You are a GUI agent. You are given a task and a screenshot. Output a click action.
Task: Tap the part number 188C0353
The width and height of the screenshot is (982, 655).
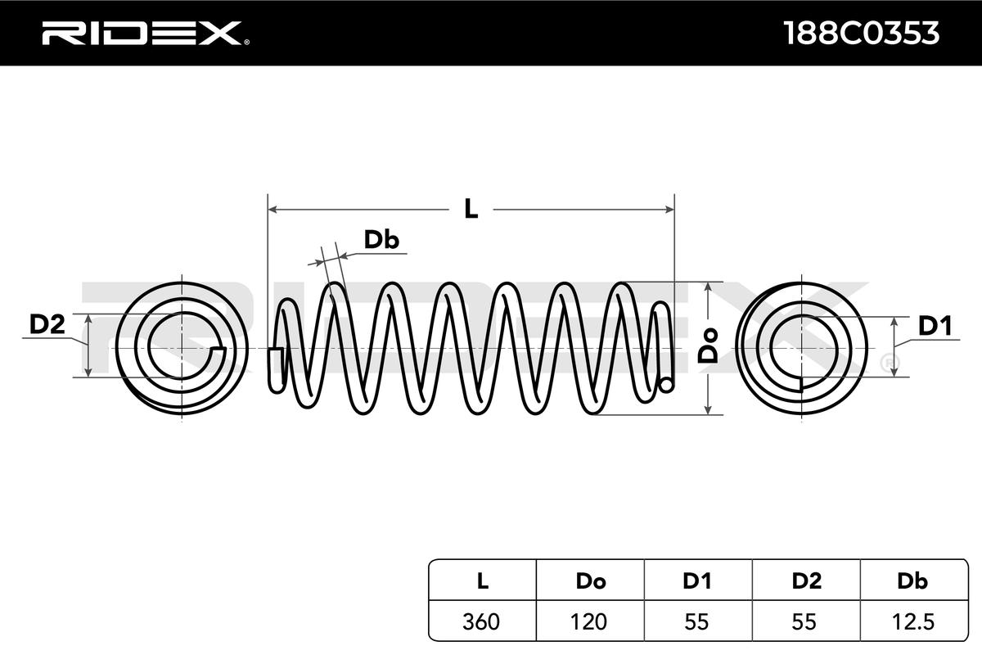[x=861, y=33]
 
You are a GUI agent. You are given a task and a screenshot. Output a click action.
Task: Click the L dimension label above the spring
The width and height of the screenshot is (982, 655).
[x=471, y=209]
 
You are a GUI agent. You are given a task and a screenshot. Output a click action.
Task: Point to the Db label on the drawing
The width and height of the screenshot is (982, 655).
[x=381, y=239]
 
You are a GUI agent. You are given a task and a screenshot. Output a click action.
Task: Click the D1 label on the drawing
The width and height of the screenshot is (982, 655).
[x=934, y=327]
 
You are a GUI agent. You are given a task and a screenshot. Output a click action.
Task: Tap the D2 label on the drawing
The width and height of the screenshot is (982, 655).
[x=47, y=325]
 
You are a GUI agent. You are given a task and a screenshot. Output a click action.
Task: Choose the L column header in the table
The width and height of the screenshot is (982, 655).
[x=483, y=581]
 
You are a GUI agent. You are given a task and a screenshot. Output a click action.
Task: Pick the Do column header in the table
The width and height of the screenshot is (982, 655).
[x=590, y=581]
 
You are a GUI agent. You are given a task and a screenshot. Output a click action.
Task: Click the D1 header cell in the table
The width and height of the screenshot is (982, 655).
[x=697, y=581]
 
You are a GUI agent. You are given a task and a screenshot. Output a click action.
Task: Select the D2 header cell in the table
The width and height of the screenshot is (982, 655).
[x=806, y=581]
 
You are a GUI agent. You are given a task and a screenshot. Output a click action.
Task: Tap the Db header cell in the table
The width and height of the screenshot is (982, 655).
[x=912, y=581]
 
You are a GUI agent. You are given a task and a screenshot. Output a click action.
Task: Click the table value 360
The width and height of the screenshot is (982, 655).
[x=483, y=621]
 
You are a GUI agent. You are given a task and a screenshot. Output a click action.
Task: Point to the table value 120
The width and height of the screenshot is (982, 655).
[x=590, y=621]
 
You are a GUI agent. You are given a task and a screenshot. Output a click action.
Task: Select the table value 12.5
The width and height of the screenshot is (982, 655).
[x=912, y=621]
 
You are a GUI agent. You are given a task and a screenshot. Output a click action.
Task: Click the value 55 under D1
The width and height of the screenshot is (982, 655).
[x=697, y=621]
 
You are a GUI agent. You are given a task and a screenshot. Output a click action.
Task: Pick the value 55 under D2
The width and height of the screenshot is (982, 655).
[x=806, y=621]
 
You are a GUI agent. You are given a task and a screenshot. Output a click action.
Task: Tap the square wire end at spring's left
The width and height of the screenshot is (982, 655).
[x=276, y=365]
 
